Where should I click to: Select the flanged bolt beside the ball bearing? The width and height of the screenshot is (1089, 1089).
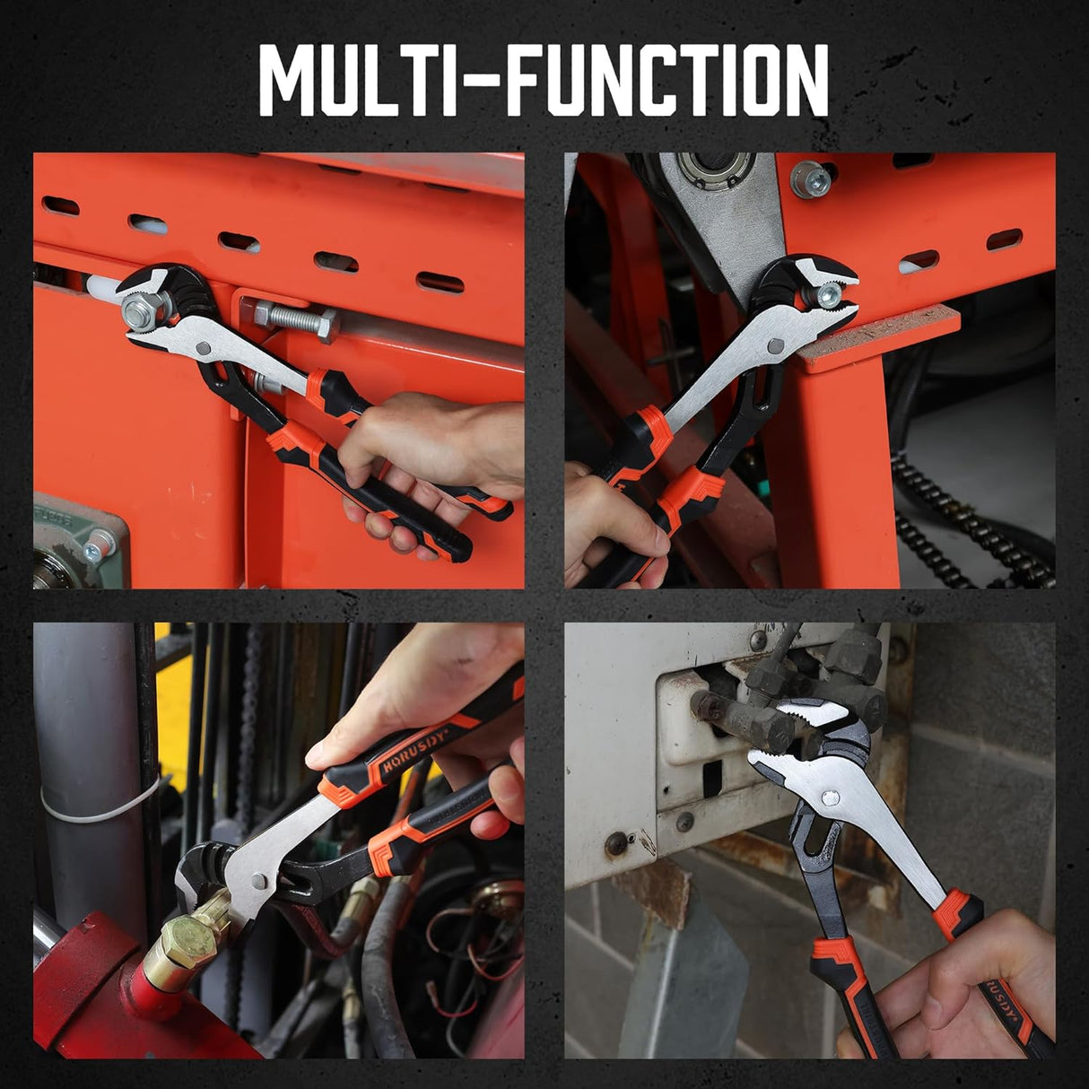point(809,178)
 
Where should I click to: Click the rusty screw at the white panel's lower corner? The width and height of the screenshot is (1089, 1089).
point(617,843)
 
